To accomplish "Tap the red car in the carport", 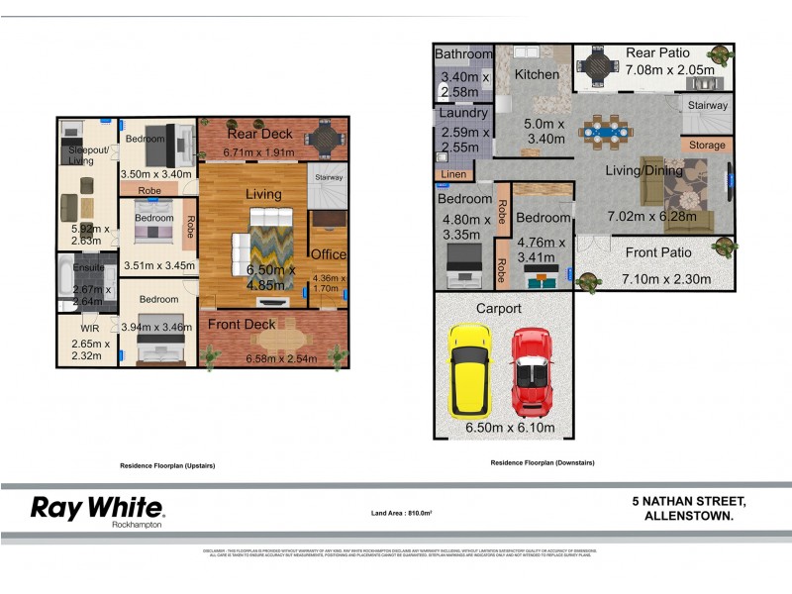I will (532, 373).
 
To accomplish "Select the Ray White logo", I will (97, 509).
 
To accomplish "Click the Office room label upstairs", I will (329, 254).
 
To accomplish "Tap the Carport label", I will (499, 309).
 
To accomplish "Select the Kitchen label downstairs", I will (537, 74).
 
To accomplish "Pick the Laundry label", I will (463, 114).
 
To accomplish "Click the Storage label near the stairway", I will (707, 146).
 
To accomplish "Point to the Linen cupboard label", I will (450, 175).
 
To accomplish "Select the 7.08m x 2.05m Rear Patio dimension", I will (668, 69).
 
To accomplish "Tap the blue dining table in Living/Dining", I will (604, 127).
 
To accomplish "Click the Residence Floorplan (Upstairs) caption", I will (167, 465).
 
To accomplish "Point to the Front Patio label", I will (658, 252).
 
